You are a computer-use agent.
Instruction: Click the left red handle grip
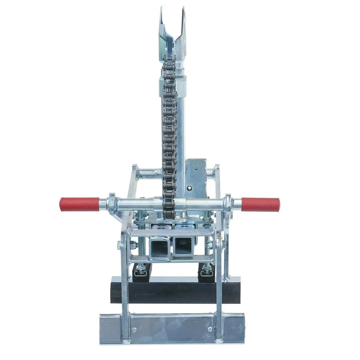point(79,204)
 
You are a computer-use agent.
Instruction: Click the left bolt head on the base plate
point(134,320)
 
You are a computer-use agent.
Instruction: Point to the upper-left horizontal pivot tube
point(148,173)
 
